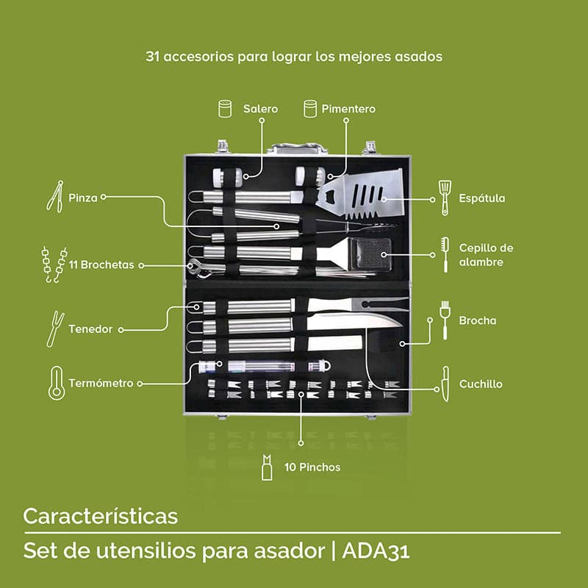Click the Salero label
(260, 109)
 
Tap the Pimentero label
(348, 109)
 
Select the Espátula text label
(481, 198)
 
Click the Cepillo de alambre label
(486, 254)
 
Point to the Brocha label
(477, 320)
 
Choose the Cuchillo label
(481, 384)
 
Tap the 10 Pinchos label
(312, 467)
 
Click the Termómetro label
(101, 383)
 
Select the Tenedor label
(90, 329)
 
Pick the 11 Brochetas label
(101, 265)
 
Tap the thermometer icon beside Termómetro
(56, 383)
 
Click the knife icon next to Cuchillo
(445, 384)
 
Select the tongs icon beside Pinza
(54, 196)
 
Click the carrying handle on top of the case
(296, 148)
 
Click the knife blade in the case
(353, 320)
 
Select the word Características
(100, 516)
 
